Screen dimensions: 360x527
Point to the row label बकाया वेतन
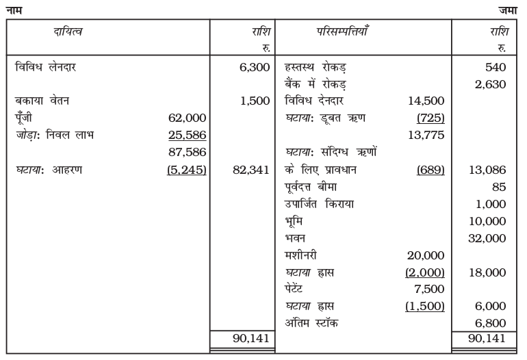click(x=43, y=101)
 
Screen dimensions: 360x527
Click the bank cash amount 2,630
click(x=491, y=84)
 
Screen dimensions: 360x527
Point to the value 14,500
click(x=428, y=101)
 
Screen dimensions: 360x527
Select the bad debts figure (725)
click(x=431, y=118)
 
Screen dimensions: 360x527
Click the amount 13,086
click(x=488, y=169)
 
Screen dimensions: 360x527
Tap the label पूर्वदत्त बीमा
click(x=312, y=186)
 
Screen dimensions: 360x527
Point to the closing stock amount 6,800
click(x=491, y=322)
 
